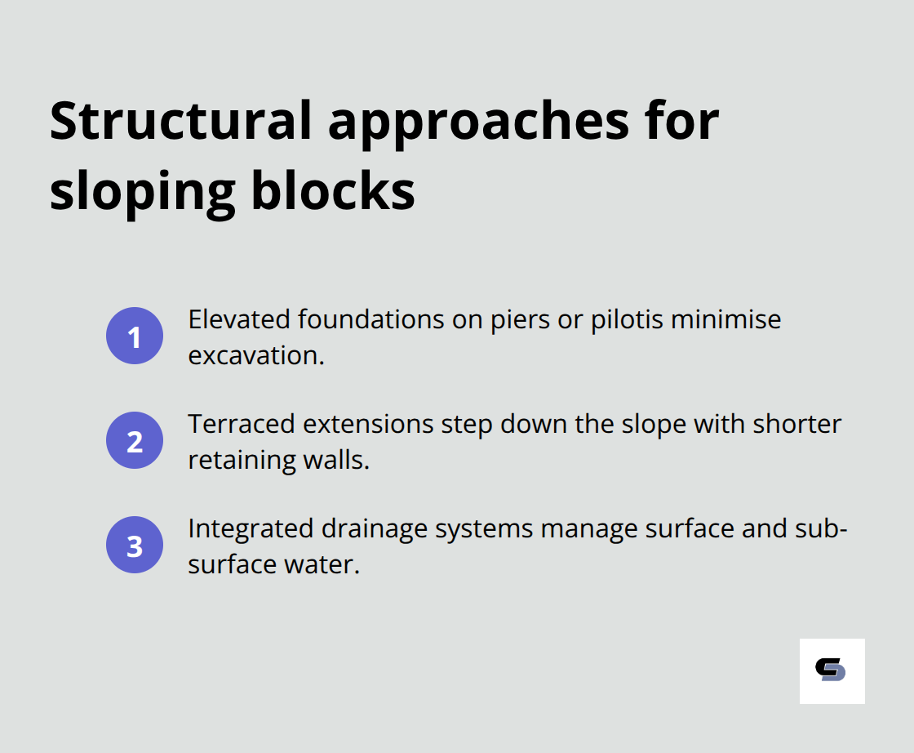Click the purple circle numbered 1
[x=135, y=336]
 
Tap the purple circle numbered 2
[x=135, y=440]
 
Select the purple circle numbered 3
[x=135, y=545]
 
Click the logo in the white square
[x=832, y=671]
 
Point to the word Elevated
[x=239, y=319]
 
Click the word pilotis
[x=625, y=319]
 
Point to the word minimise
[x=725, y=319]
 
